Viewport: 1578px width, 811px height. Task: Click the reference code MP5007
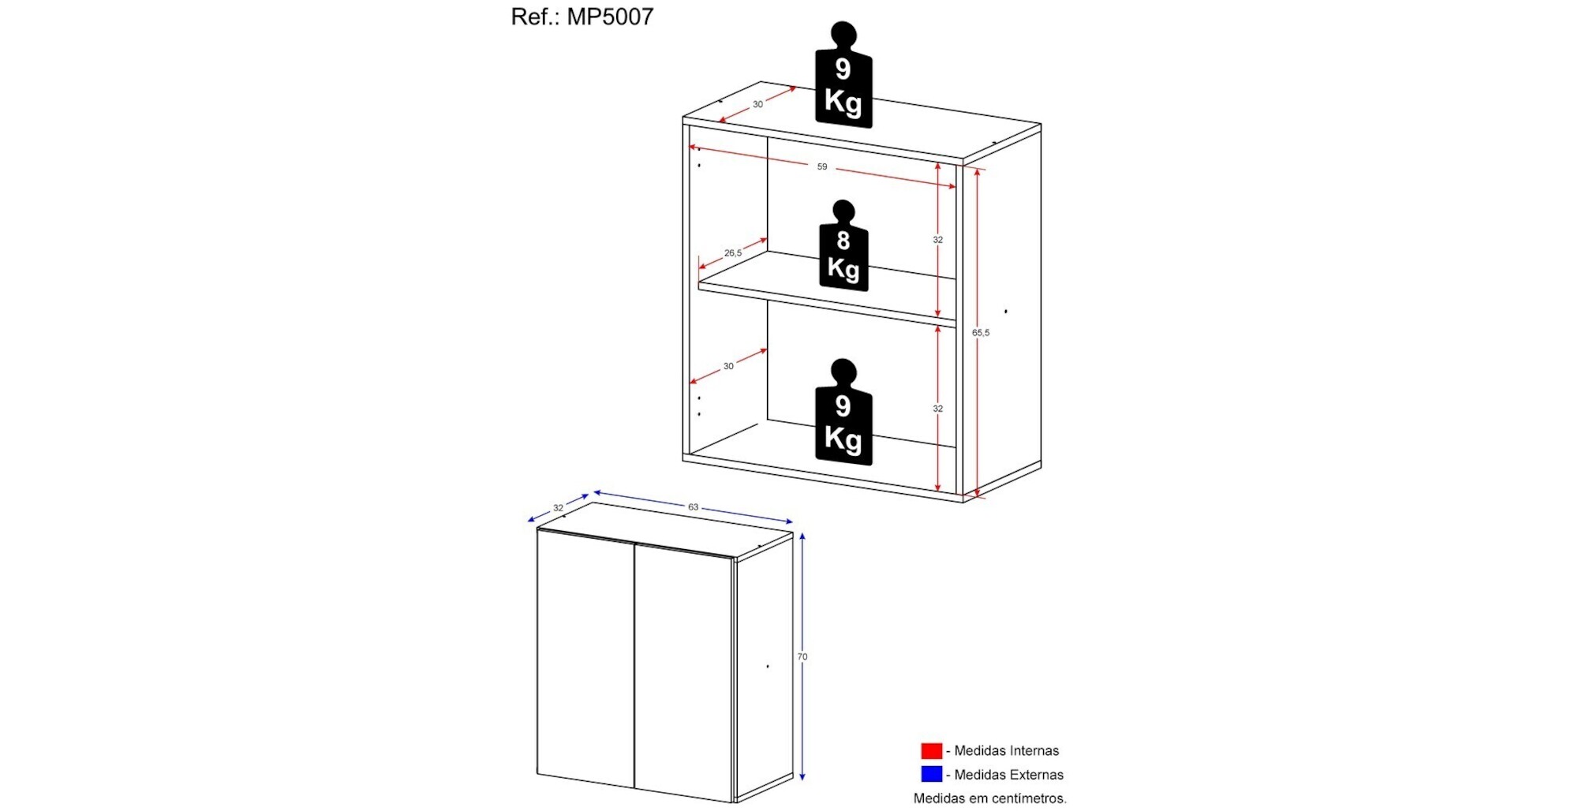click(610, 17)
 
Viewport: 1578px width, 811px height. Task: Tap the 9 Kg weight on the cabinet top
click(843, 74)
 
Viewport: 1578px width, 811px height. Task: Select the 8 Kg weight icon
click(843, 245)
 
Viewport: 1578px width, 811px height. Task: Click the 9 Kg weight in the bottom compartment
click(843, 412)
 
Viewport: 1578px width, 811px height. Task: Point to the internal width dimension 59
click(822, 166)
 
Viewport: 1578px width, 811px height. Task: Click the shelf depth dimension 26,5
click(733, 253)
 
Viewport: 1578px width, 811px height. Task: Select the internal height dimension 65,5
click(981, 333)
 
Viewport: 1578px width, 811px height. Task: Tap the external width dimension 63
click(694, 507)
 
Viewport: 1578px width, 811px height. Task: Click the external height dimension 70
click(802, 656)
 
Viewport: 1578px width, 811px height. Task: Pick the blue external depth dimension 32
click(559, 508)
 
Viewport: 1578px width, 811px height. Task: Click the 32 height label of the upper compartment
click(938, 240)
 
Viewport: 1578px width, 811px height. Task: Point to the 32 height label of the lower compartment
click(938, 409)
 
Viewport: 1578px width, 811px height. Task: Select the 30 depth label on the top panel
click(757, 104)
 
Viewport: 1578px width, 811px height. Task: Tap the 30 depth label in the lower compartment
click(728, 366)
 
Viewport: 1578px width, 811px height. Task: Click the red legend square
click(932, 750)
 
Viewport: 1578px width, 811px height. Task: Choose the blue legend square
click(932, 774)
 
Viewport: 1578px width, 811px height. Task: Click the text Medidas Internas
click(1007, 751)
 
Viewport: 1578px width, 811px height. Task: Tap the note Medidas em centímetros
click(990, 798)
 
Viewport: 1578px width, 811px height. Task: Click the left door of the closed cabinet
click(586, 659)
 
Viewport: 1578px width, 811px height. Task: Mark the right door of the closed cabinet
click(684, 673)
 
